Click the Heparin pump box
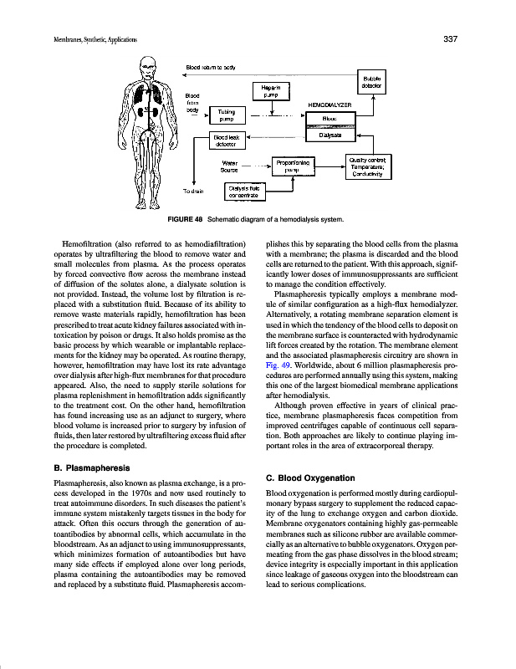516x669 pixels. tap(269, 91)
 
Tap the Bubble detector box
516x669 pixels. tap(371, 81)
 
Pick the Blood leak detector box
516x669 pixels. tap(225, 141)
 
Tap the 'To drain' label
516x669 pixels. tap(194, 192)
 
